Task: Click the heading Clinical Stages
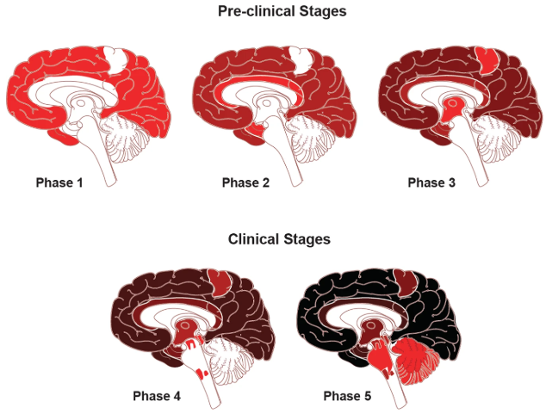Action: (x=278, y=238)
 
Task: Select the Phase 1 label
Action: (x=59, y=182)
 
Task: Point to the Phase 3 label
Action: (x=431, y=182)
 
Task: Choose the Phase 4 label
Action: (x=157, y=396)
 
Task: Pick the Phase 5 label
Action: (x=347, y=396)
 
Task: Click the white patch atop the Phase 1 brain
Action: (x=116, y=59)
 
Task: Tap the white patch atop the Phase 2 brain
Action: (x=302, y=59)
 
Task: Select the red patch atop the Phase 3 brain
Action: (x=487, y=59)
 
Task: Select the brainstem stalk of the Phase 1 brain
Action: (x=107, y=164)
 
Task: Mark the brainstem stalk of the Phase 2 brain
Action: (x=293, y=164)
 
